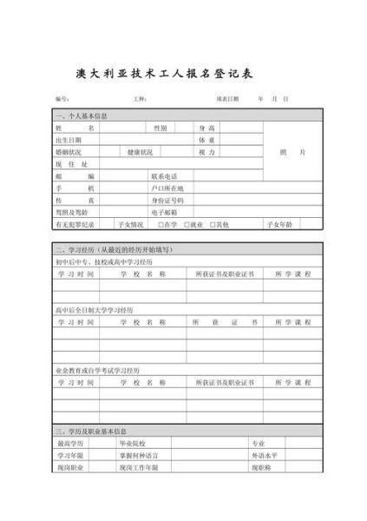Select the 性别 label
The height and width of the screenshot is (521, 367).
pos(161,127)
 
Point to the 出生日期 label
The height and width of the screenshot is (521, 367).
pos(69,139)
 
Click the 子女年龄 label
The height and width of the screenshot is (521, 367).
pos(283,224)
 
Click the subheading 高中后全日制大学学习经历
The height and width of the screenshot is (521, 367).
pos(95,308)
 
